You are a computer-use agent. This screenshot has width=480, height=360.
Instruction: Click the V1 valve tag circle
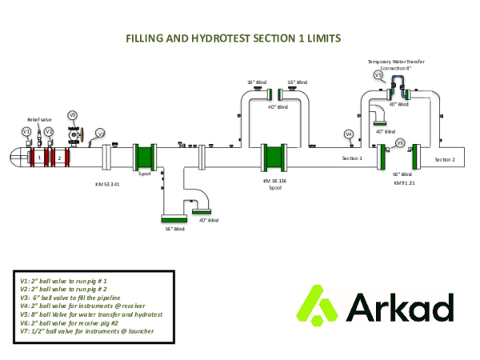[x=26, y=130]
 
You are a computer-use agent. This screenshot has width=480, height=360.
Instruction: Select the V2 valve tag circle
[x=49, y=130]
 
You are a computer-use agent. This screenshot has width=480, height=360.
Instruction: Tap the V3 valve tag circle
[x=72, y=115]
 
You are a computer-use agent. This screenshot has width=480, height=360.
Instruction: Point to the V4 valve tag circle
[x=348, y=134]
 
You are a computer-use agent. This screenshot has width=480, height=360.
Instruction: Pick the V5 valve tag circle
[x=378, y=75]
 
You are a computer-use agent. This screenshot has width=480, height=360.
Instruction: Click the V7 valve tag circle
[x=100, y=134]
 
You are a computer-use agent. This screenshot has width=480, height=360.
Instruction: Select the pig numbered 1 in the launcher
[x=38, y=158]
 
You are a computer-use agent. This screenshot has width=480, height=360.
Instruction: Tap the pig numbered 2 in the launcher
[x=58, y=158]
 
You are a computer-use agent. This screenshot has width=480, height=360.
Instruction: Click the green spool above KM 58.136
[x=274, y=157]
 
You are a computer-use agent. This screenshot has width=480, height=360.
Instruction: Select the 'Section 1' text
[x=353, y=158]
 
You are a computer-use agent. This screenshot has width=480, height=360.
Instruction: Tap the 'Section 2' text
[x=444, y=159]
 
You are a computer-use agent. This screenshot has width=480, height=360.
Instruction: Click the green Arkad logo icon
[x=318, y=306]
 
